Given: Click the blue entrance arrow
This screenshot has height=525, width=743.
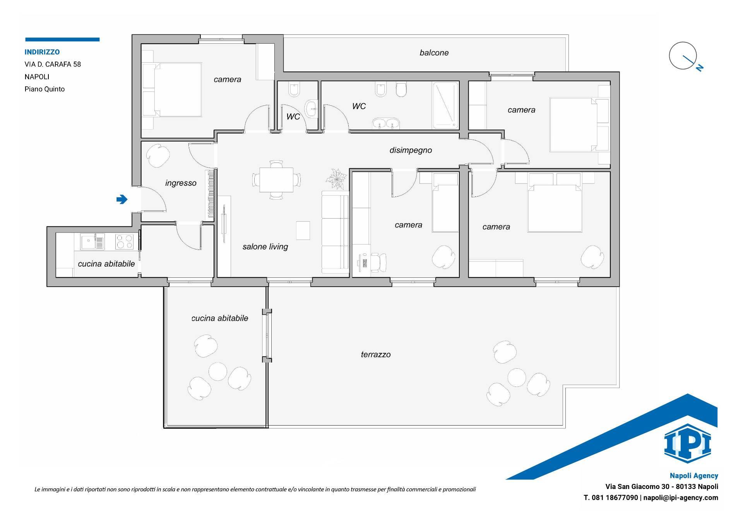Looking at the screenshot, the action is pyautogui.click(x=122, y=199).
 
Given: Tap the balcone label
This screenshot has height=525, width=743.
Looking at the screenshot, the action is pyautogui.click(x=434, y=53).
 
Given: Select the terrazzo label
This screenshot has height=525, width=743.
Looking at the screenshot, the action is pyautogui.click(x=376, y=354).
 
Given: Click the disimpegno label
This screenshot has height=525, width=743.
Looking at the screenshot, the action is pyautogui.click(x=411, y=150).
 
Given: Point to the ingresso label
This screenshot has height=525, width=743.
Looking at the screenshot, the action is pyautogui.click(x=181, y=183).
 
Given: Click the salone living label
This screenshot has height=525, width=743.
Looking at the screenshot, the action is pyautogui.click(x=265, y=247).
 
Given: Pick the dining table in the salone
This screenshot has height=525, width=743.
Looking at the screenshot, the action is pyautogui.click(x=276, y=180).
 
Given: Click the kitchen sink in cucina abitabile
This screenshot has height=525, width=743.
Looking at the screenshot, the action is pyautogui.click(x=92, y=242).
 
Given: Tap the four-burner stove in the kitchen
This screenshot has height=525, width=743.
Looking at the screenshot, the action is pyautogui.click(x=125, y=242).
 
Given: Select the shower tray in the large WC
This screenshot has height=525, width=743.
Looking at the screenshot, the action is pyautogui.click(x=446, y=105).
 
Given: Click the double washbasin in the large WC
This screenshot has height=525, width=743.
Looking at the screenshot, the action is pyautogui.click(x=386, y=124).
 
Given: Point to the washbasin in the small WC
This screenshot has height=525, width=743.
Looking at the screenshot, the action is pyautogui.click(x=311, y=109).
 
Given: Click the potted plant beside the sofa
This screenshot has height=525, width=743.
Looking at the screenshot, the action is pyautogui.click(x=336, y=179).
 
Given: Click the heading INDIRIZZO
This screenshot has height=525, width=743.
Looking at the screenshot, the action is pyautogui.click(x=42, y=52).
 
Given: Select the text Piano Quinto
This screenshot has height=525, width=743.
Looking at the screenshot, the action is pyautogui.click(x=45, y=89).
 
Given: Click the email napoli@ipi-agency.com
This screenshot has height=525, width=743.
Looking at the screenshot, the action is pyautogui.click(x=681, y=498).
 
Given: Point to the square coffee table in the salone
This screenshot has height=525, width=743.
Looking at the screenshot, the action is pyautogui.click(x=303, y=231).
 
